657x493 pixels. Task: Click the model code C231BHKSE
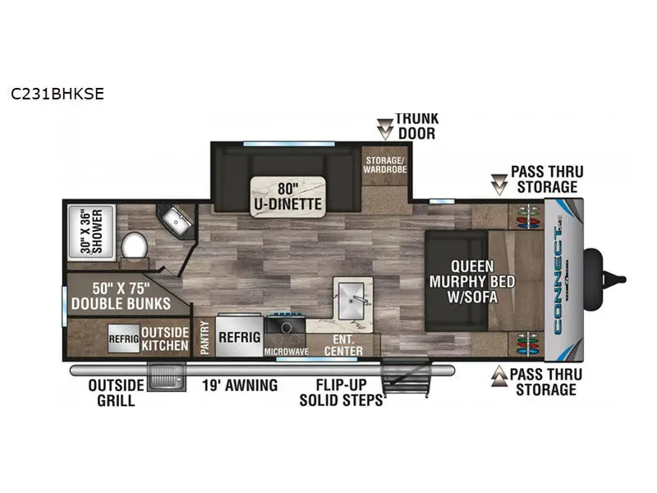(57, 94)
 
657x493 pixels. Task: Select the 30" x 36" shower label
(91, 232)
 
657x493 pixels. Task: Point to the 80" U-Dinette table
(288, 196)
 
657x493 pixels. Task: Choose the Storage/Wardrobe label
(384, 165)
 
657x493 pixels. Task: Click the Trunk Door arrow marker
(384, 129)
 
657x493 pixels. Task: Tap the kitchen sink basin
(351, 300)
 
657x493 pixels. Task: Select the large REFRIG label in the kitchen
(239, 337)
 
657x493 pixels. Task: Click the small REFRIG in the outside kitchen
(124, 339)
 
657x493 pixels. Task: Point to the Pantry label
(204, 338)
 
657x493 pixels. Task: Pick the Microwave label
(286, 352)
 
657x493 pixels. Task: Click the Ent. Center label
(343, 345)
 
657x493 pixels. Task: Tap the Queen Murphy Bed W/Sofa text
(472, 281)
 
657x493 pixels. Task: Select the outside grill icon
(167, 377)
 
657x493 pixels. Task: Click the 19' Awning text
(240, 385)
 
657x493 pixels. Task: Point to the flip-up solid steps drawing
(405, 378)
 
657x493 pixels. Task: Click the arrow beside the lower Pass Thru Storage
(499, 376)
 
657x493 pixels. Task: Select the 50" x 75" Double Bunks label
(121, 296)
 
